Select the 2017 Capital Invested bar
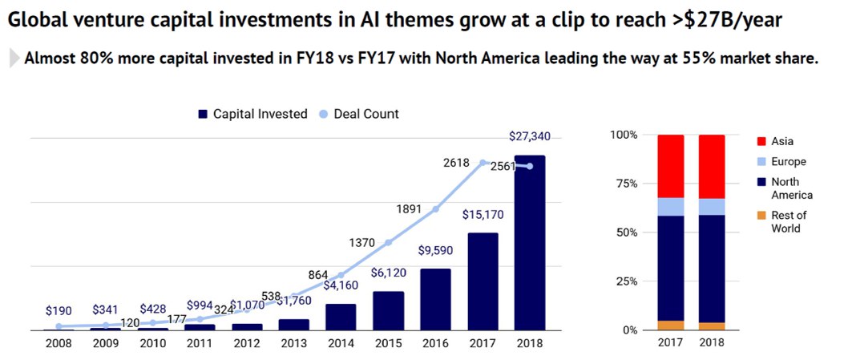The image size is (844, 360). [483, 281]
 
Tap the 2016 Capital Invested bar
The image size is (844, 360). [435, 299]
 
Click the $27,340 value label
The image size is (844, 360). [529, 136]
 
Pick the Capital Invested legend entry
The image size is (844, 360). [252, 114]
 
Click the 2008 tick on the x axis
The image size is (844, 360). [59, 343]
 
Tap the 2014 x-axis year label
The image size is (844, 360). [341, 343]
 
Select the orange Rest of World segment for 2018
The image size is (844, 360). [712, 326]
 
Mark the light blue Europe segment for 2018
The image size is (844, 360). [712, 207]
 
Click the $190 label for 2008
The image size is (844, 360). [59, 310]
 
